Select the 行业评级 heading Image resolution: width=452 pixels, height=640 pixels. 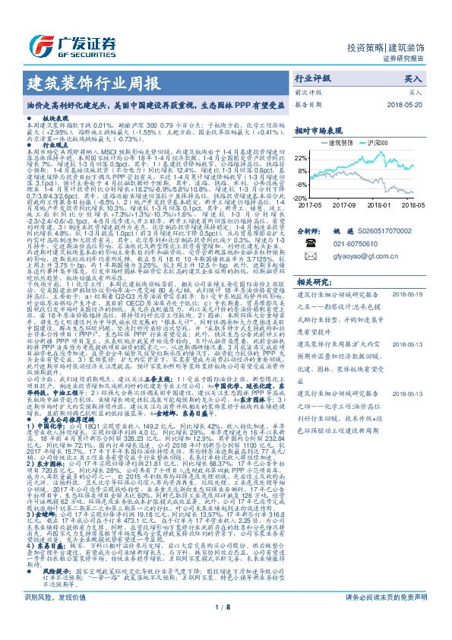[x=313, y=78]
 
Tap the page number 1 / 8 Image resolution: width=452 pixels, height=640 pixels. [x=225, y=628]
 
